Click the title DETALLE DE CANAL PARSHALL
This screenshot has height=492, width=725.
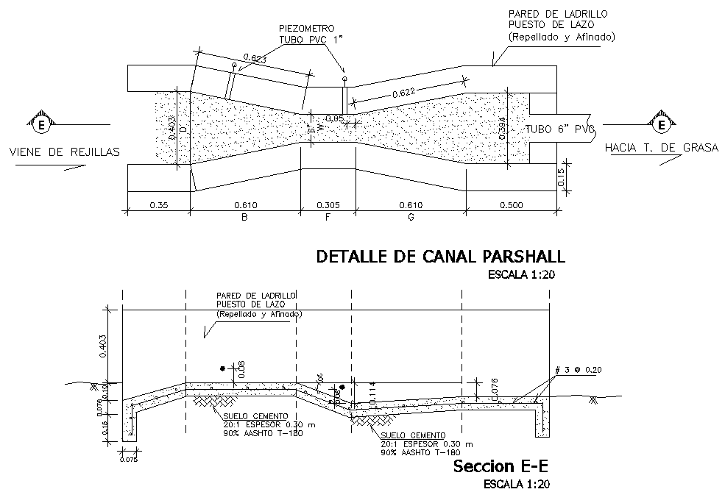[x=440, y=257]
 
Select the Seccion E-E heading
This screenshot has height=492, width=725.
[x=501, y=466]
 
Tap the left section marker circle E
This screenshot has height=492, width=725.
[x=41, y=125]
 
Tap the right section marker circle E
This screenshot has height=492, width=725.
[x=662, y=124]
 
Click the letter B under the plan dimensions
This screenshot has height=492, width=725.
[x=244, y=218]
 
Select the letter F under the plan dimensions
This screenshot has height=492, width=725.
[x=327, y=218]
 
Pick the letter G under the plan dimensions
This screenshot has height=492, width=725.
[x=411, y=218]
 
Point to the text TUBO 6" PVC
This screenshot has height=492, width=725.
[x=558, y=129]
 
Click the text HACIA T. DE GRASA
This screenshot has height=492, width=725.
[x=661, y=148]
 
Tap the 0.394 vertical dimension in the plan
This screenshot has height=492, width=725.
[x=503, y=130]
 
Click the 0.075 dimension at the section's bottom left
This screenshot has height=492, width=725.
[x=130, y=460]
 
